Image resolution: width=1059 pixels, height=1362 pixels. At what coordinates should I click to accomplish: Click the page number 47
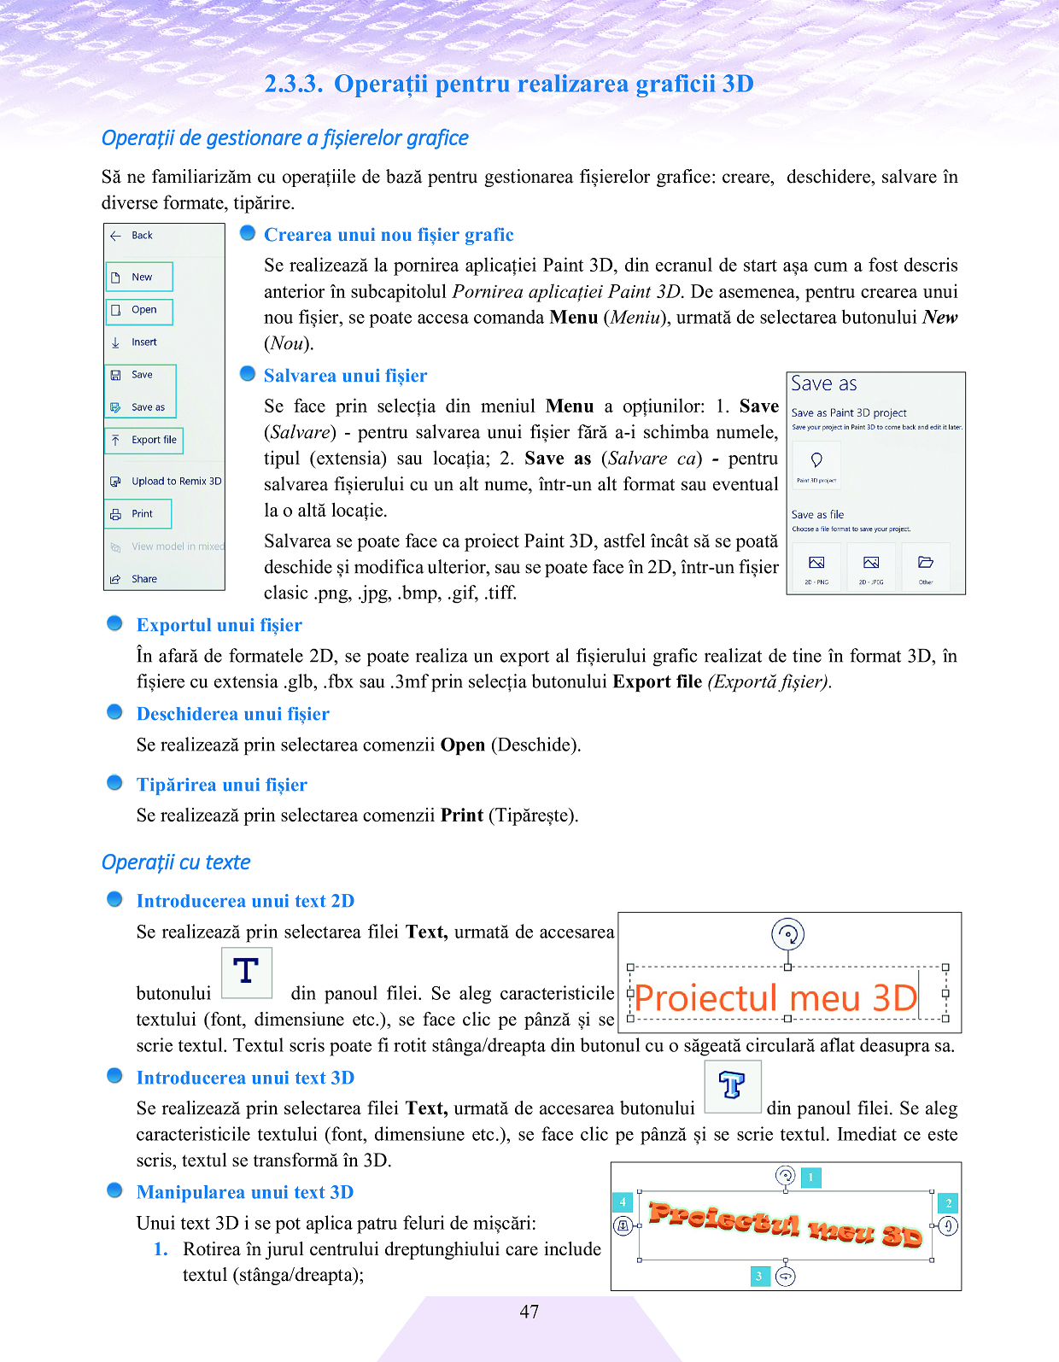point(529,1312)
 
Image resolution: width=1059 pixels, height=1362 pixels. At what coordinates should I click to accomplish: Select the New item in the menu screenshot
point(141,277)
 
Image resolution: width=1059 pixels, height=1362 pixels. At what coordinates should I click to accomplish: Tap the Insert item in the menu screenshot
point(143,342)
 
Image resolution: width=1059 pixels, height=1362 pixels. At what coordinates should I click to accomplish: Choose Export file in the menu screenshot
point(153,440)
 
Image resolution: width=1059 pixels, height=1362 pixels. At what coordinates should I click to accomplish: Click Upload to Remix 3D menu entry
point(175,482)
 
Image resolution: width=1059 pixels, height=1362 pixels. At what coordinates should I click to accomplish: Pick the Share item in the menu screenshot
point(143,579)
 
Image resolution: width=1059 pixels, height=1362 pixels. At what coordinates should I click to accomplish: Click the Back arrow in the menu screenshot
point(116,236)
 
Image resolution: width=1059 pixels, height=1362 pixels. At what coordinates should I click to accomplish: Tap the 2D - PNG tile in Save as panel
point(816,566)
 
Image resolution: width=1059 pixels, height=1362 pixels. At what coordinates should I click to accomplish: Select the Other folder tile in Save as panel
point(926,566)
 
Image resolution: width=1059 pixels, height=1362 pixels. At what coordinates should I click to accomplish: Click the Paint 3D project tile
point(816,465)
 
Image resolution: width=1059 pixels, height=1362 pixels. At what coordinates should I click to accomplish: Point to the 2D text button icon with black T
point(246,972)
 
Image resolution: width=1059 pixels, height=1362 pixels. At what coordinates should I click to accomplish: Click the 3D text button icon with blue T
point(732,1086)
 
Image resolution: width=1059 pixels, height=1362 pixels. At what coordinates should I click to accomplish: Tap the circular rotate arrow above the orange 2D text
point(787,933)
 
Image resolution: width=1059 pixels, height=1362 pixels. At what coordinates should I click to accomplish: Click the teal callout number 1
point(810,1178)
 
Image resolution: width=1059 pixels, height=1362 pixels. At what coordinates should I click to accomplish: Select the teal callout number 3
point(758,1276)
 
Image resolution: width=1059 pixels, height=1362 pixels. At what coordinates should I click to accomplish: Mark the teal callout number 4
point(623,1202)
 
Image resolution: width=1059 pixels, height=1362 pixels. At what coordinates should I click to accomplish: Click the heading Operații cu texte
point(176,862)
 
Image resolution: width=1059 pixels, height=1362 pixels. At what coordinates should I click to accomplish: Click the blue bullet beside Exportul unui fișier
point(114,623)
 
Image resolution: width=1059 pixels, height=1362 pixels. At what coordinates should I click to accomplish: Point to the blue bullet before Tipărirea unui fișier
point(114,783)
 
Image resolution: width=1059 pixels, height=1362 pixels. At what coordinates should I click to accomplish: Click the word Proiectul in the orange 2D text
point(705,997)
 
